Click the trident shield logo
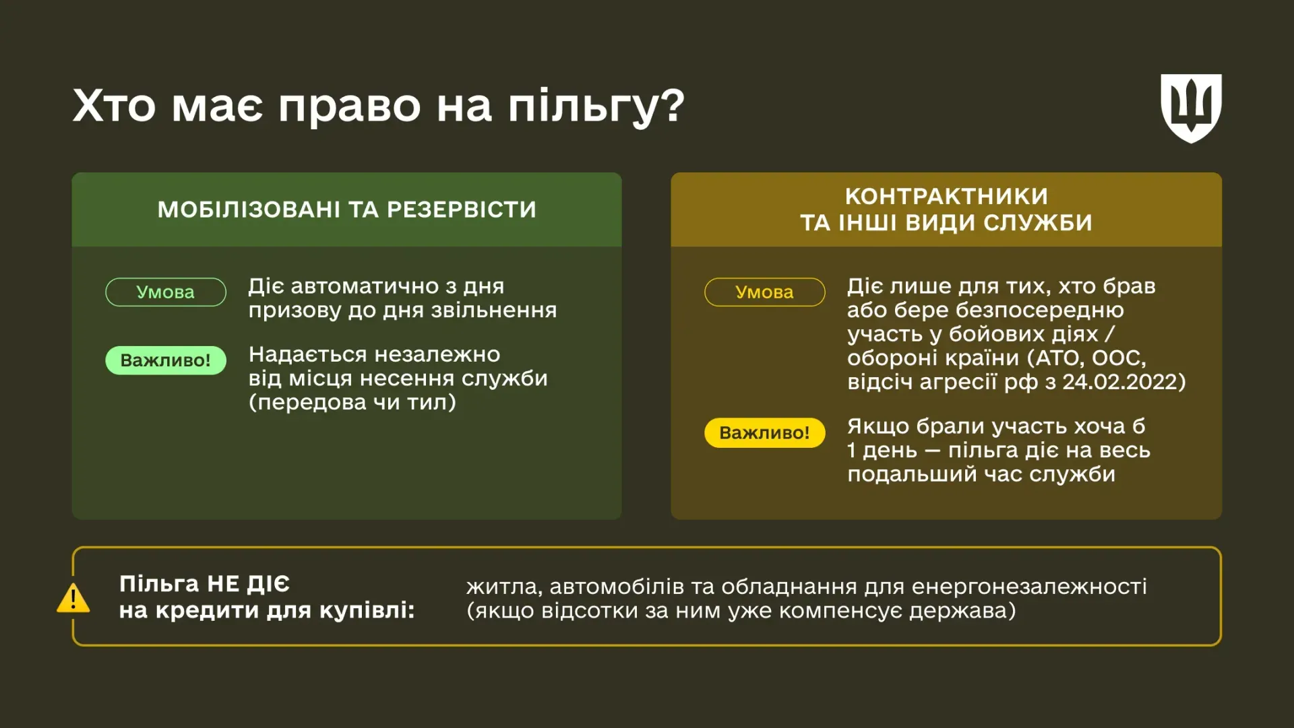[x=1191, y=108]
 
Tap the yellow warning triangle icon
[x=73, y=598]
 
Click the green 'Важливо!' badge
[x=165, y=360]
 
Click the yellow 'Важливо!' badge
[x=764, y=432]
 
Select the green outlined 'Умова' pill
[x=165, y=292]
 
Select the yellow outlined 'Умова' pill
[x=764, y=292]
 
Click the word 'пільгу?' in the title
[x=596, y=106]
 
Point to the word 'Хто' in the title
[x=114, y=106]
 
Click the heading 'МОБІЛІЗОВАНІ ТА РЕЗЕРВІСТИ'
[x=346, y=209]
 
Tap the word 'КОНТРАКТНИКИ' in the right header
[x=946, y=197]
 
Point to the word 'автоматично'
[x=365, y=286]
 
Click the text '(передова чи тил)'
[x=352, y=402]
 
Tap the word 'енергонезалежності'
[x=1028, y=587]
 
